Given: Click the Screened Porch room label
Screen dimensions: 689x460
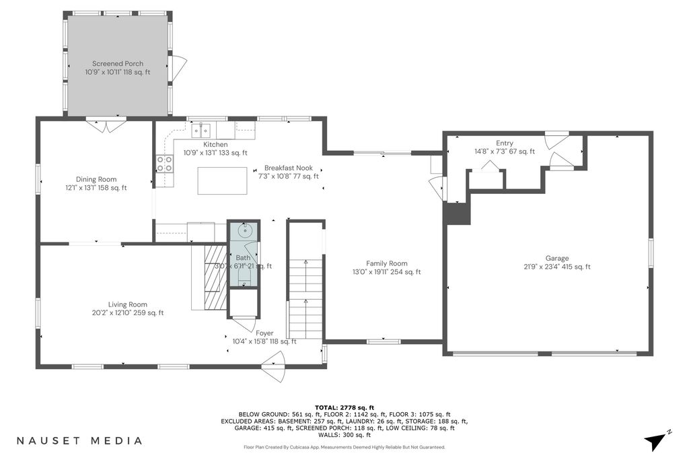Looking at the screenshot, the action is click(118, 68).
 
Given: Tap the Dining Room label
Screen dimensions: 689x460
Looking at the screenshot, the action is click(96, 183).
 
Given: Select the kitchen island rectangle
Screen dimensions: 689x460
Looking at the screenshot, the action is click(222, 180).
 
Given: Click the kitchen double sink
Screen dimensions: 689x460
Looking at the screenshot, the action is click(201, 130).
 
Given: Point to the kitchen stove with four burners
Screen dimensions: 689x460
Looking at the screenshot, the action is click(164, 164).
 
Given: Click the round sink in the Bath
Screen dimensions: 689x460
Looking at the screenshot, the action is click(244, 230).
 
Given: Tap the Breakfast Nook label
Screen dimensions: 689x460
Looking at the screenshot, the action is click(289, 172).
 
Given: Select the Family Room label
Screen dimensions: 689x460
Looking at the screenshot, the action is click(387, 267).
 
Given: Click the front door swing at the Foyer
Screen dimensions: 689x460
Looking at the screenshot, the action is click(273, 372).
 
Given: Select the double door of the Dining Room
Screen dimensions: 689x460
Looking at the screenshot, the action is click(106, 126).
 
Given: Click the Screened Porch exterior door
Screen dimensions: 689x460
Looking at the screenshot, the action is click(178, 69).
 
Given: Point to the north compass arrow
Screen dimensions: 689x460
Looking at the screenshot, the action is click(655, 441).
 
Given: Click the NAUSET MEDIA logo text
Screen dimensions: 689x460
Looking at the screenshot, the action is click(79, 440).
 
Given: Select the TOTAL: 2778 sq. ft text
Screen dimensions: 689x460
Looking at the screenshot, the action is click(344, 407).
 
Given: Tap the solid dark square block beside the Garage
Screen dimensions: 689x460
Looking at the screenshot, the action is click(457, 213).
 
